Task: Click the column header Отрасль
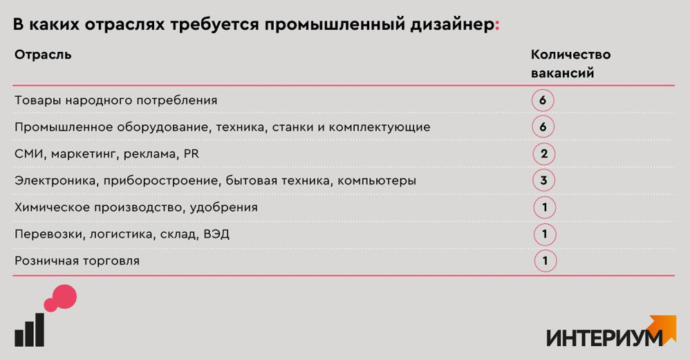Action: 43,55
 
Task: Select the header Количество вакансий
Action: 570,64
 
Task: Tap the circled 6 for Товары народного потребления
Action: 543,100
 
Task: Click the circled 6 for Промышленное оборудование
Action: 543,127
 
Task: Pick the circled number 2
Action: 544,154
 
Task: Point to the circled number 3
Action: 544,180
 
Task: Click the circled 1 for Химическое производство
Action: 545,207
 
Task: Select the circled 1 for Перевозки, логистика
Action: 545,234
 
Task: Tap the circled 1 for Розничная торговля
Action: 546,260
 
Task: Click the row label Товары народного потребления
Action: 115,101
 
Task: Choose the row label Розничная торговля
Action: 77,261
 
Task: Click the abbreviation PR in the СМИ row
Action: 192,154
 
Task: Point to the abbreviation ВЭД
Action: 216,234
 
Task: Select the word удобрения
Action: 224,207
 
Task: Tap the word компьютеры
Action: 377,180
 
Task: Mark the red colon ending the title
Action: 497,26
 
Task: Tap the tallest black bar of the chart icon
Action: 39,330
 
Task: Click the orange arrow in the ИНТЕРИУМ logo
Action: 665,328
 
